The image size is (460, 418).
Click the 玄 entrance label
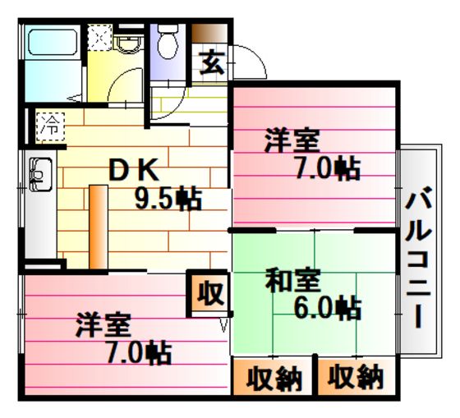[x=212, y=62]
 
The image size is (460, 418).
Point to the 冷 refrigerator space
[x=50, y=126]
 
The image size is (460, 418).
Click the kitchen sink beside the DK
[x=41, y=174]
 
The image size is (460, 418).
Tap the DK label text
[x=134, y=169]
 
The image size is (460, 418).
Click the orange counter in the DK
[x=99, y=227]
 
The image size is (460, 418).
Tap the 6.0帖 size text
[x=328, y=307]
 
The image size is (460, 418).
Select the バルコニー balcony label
[x=419, y=257]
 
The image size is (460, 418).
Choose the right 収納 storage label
[x=356, y=377]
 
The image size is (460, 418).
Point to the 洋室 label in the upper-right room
[x=292, y=140]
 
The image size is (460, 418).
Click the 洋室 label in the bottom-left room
[x=103, y=324]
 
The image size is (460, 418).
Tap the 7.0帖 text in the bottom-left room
[x=139, y=351]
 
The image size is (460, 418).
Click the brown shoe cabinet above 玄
[x=209, y=33]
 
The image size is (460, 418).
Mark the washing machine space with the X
[x=99, y=37]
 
